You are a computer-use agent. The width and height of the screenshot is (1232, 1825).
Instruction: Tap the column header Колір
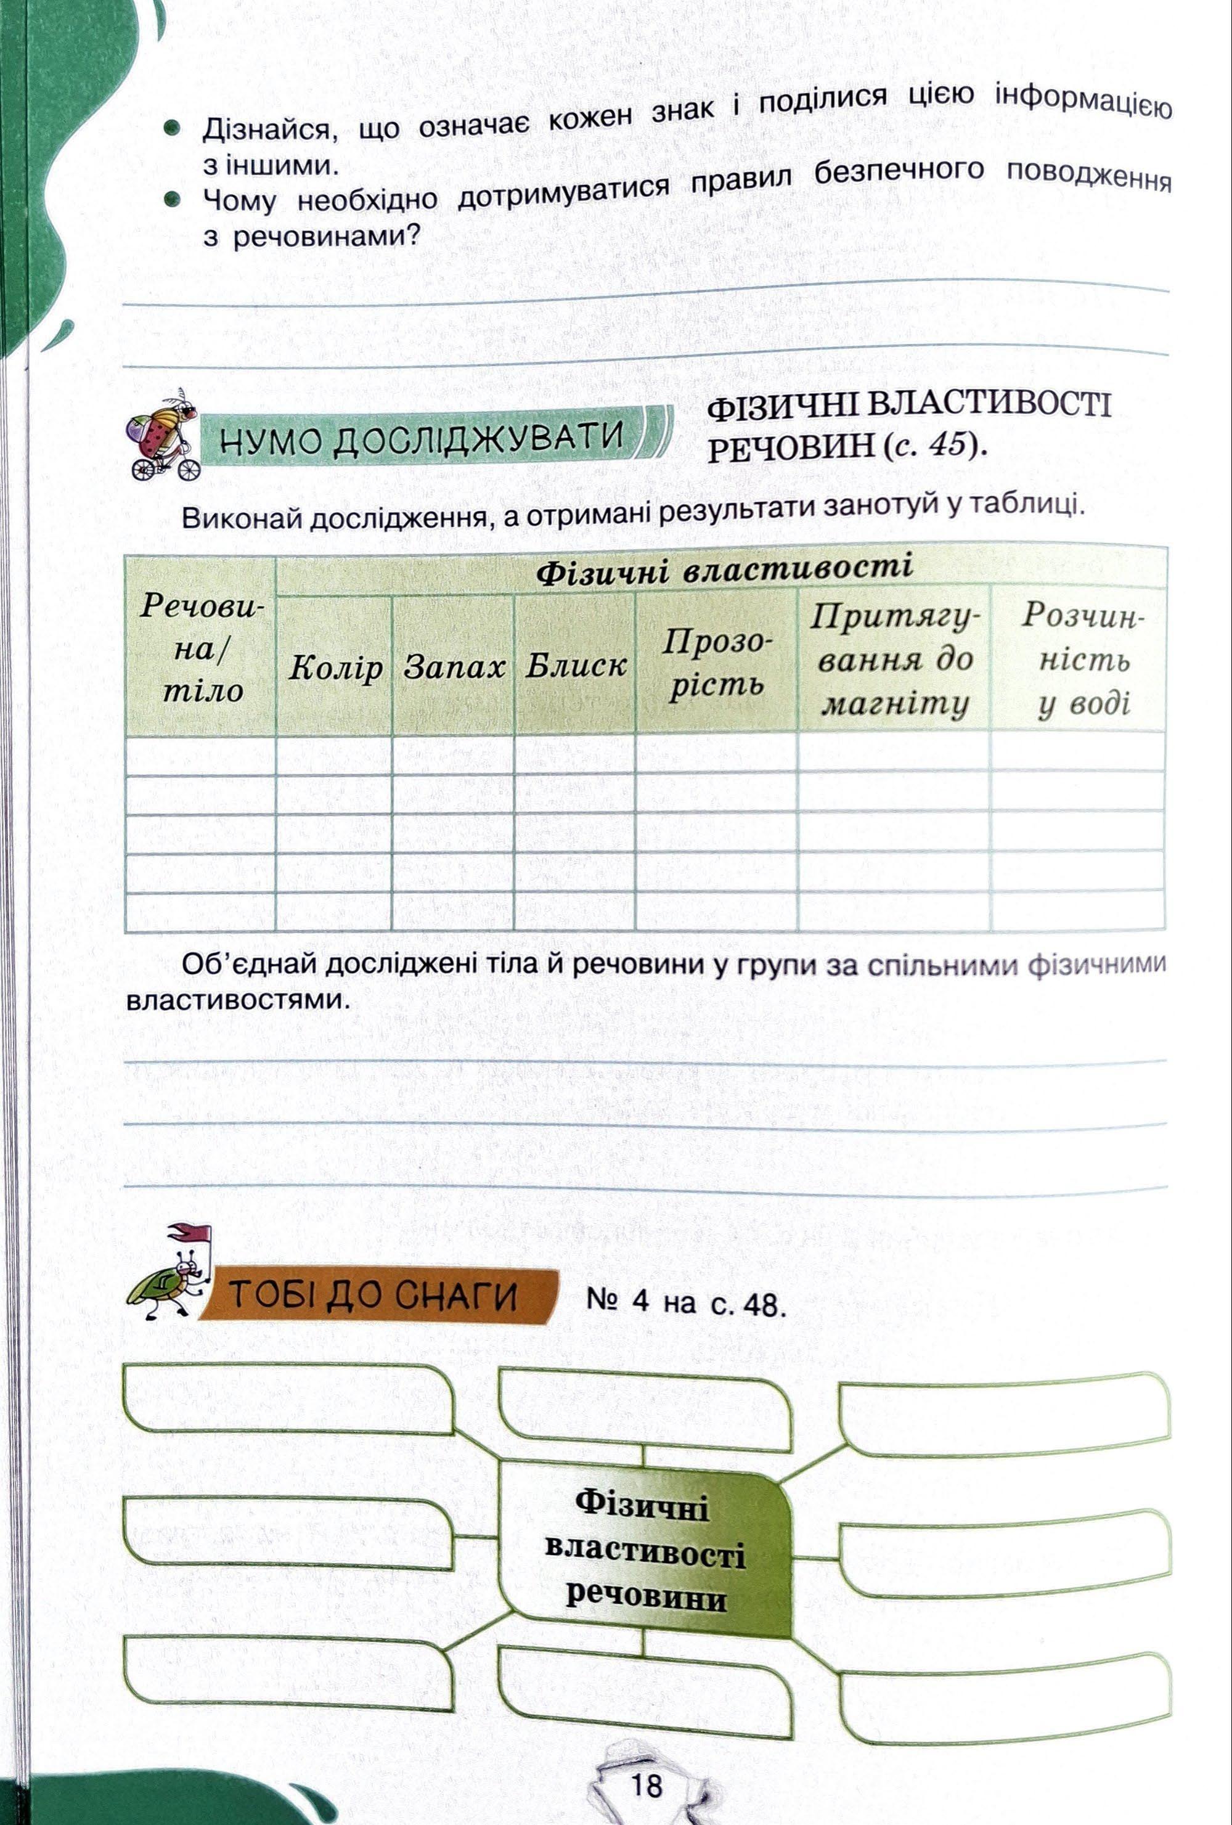(x=335, y=668)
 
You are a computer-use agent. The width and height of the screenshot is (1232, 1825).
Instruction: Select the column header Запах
(x=453, y=668)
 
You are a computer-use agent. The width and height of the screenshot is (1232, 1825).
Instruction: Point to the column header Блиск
(x=576, y=665)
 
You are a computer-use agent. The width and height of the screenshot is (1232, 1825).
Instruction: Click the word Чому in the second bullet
(x=240, y=201)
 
